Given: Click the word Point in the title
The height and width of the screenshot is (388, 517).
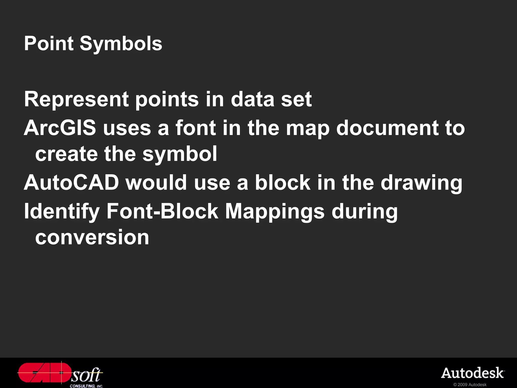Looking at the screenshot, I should pyautogui.click(x=49, y=43).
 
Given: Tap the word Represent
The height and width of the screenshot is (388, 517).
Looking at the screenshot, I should pyautogui.click(x=76, y=100).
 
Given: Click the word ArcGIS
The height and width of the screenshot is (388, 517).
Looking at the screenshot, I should pyautogui.click(x=60, y=128).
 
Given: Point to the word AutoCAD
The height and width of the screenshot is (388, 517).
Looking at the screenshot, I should pyautogui.click(x=71, y=182).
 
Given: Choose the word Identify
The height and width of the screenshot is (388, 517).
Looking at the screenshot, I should pyautogui.click(x=62, y=212).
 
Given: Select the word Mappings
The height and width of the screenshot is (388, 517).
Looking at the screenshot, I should pyautogui.click(x=275, y=212).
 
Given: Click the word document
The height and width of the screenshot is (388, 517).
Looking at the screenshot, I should pyautogui.click(x=387, y=128).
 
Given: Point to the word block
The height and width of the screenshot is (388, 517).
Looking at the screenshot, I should pyautogui.click(x=282, y=182).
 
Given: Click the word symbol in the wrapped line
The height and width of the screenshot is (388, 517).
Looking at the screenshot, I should pyautogui.click(x=180, y=154).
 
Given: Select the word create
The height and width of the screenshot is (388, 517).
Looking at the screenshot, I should pyautogui.click(x=66, y=154).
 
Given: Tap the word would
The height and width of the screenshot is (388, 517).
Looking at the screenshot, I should pyautogui.click(x=157, y=182).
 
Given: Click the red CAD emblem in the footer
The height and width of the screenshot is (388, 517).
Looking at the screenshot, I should pyautogui.click(x=44, y=373).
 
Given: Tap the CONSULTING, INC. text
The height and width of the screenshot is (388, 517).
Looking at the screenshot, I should pyautogui.click(x=86, y=386).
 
